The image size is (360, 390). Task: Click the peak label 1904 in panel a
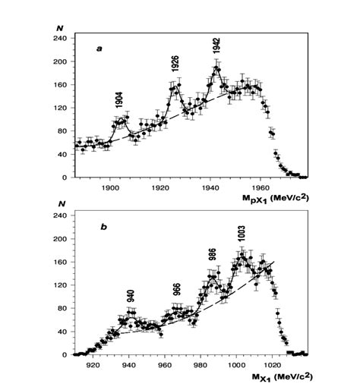click(119, 100)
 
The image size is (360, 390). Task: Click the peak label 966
click(176, 291)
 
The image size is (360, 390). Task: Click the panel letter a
click(99, 49)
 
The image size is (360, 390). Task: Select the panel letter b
click(99, 226)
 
